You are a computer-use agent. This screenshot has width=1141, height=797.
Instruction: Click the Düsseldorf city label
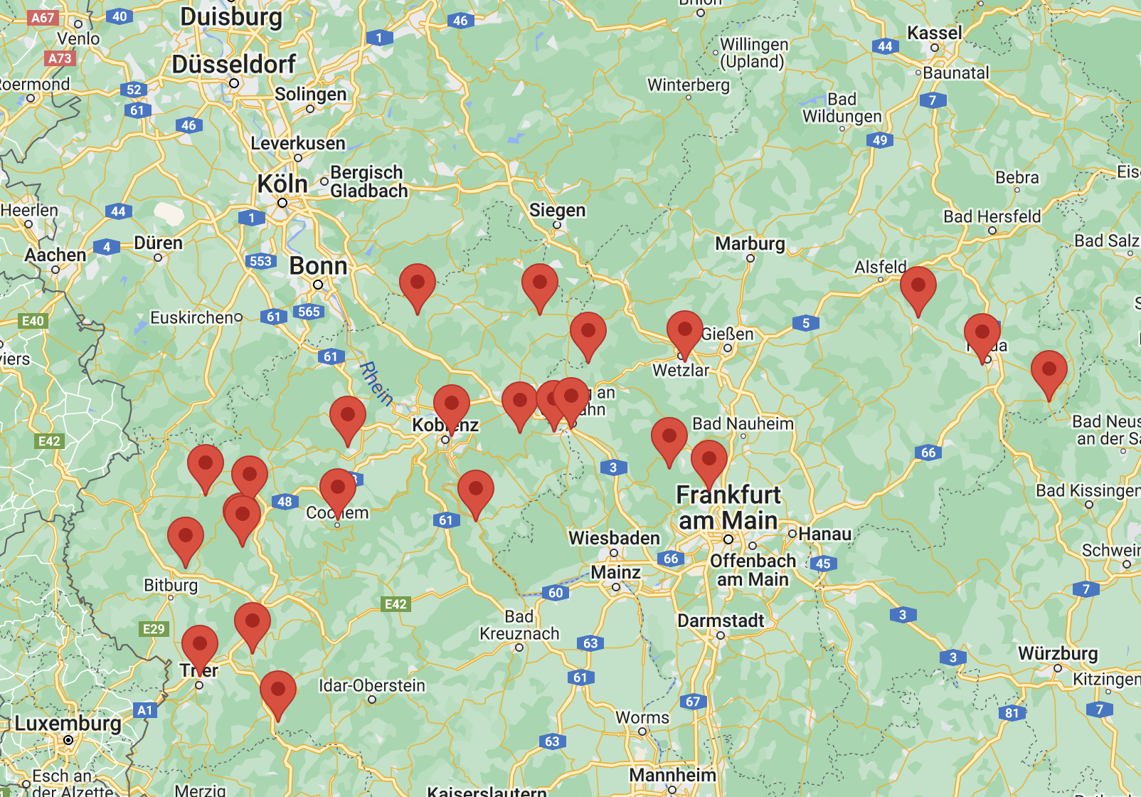pyautogui.click(x=233, y=65)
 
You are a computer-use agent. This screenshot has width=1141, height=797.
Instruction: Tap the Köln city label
pyautogui.click(x=282, y=184)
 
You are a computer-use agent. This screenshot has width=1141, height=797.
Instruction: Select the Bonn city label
pyautogui.click(x=318, y=266)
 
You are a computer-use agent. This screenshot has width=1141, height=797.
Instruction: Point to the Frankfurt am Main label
pyautogui.click(x=728, y=507)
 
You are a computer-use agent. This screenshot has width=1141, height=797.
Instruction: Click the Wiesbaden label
pyautogui.click(x=614, y=538)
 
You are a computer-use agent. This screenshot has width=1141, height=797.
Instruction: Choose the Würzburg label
pyautogui.click(x=1058, y=653)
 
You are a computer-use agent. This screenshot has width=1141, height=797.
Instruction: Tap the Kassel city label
pyautogui.click(x=934, y=33)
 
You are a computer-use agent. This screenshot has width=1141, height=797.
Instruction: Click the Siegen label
pyautogui.click(x=557, y=211)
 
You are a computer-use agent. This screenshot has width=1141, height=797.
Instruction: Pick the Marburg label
pyautogui.click(x=750, y=244)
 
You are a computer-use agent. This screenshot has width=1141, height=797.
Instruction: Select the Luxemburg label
pyautogui.click(x=68, y=724)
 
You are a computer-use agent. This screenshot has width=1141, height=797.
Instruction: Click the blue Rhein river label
pyautogui.click(x=376, y=383)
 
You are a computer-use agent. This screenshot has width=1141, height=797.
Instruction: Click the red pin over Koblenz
pyautogui.click(x=451, y=406)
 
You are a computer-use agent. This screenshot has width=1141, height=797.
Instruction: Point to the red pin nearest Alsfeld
pyautogui.click(x=918, y=288)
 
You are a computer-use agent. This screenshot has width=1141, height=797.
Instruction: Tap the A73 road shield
pyautogui.click(x=60, y=58)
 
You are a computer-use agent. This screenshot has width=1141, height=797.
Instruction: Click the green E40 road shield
pyautogui.click(x=33, y=321)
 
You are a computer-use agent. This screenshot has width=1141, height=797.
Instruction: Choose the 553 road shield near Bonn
pyautogui.click(x=260, y=261)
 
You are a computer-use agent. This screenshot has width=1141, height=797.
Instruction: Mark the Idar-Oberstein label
pyautogui.click(x=371, y=685)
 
